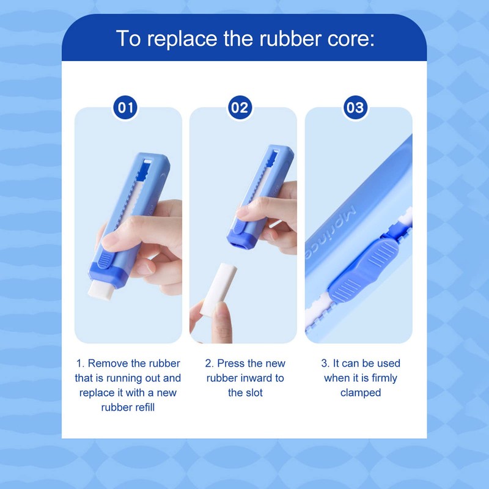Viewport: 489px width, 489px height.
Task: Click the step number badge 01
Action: [126, 108]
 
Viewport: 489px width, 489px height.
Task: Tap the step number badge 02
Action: [240, 108]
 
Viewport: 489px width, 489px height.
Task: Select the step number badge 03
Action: [355, 108]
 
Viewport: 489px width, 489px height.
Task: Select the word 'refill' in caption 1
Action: [142, 407]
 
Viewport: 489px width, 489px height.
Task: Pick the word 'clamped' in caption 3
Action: [360, 392]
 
